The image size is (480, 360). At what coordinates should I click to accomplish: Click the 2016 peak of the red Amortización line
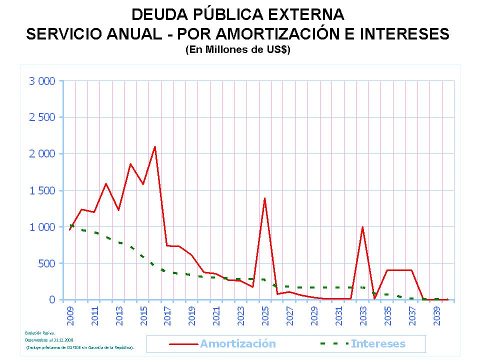[155, 147]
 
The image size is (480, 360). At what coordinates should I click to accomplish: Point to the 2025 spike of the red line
[264, 198]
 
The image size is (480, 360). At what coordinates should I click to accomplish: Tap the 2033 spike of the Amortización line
[362, 227]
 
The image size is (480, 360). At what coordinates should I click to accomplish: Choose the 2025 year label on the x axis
[265, 315]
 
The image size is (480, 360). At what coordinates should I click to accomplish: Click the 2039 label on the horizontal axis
[436, 315]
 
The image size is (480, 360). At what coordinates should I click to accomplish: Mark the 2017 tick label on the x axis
[167, 315]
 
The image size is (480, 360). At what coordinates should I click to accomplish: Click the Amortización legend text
[238, 343]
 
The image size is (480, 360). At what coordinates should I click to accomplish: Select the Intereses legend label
[378, 343]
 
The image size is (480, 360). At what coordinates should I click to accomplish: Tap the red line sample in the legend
[184, 344]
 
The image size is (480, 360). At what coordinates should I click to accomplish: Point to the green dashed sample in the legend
[333, 344]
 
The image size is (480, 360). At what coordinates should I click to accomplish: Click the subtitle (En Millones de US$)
[237, 50]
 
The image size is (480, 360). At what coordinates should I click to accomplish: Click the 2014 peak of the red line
[130, 164]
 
